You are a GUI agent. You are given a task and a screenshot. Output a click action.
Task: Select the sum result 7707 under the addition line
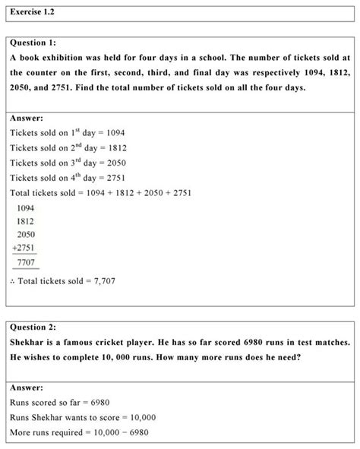[25, 261]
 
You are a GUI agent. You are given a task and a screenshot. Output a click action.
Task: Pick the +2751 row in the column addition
[24, 248]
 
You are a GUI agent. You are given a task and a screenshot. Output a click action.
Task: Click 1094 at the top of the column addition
[25, 207]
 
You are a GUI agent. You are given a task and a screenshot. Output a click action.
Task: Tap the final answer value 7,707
[103, 281]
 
